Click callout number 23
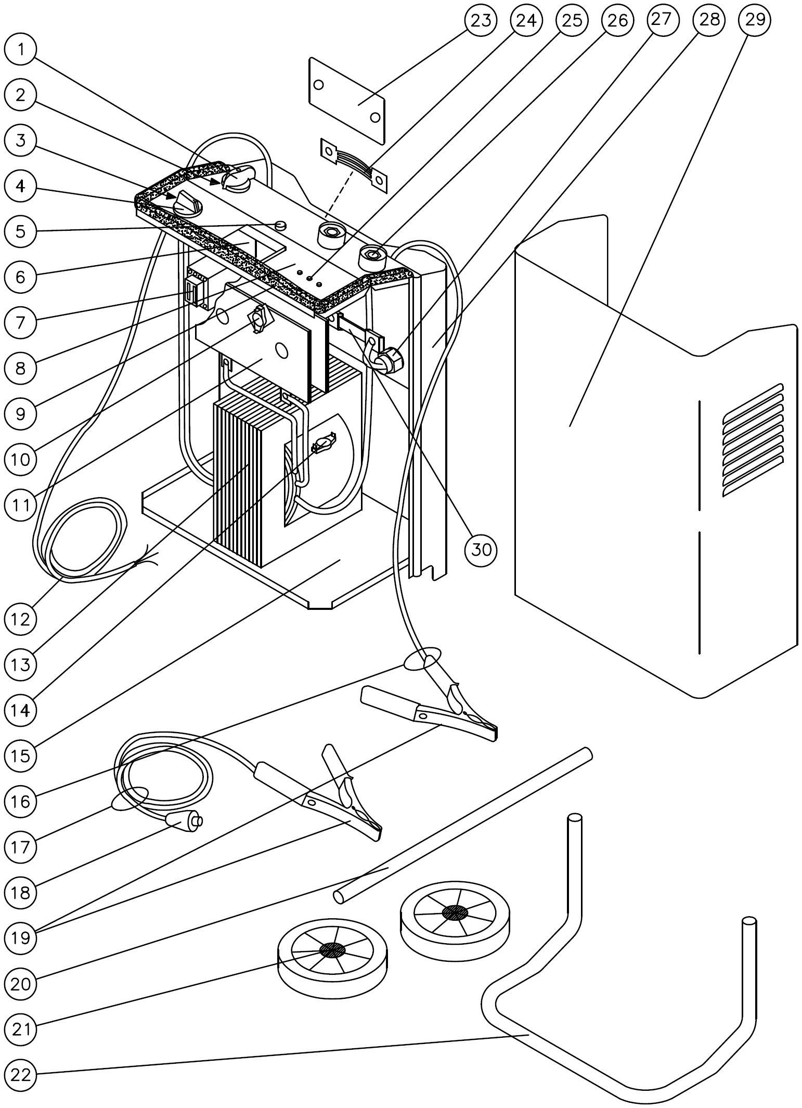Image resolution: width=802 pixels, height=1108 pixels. [481, 21]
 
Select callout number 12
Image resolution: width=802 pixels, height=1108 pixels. [21, 619]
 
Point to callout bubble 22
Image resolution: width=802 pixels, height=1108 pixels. [21, 1075]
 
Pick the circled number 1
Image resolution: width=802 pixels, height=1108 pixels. [21, 49]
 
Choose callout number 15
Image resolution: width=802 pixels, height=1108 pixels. [21, 755]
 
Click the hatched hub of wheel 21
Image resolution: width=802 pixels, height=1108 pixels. [332, 950]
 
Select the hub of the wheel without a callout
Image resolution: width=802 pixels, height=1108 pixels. [455, 912]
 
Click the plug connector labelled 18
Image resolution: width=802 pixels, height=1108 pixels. [183, 820]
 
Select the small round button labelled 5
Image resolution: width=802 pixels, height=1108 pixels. [280, 225]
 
